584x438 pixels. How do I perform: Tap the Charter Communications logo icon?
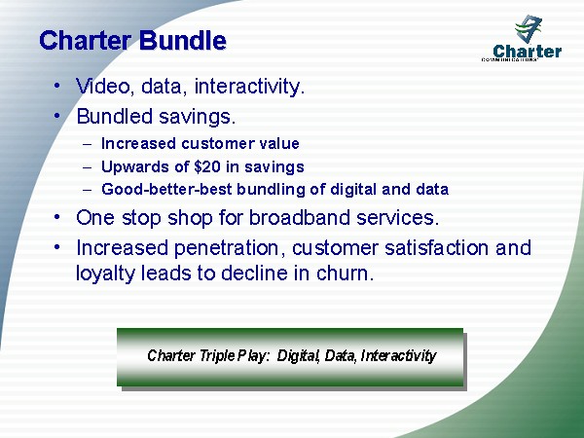pyautogui.click(x=528, y=28)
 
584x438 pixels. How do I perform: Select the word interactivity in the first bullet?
pyautogui.click(x=249, y=87)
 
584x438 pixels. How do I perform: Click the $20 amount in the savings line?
pyautogui.click(x=207, y=166)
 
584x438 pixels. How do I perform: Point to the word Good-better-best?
pyautogui.click(x=166, y=189)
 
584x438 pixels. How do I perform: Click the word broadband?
pyautogui.click(x=300, y=217)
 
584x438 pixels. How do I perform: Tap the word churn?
pyautogui.click(x=345, y=273)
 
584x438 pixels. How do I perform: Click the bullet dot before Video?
pyautogui.click(x=56, y=86)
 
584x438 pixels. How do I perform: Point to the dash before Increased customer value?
pyautogui.click(x=88, y=144)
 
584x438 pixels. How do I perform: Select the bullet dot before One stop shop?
pyautogui.click(x=56, y=217)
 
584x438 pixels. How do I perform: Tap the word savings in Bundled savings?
pyautogui.click(x=198, y=117)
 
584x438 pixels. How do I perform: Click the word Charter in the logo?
pyautogui.click(x=527, y=52)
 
